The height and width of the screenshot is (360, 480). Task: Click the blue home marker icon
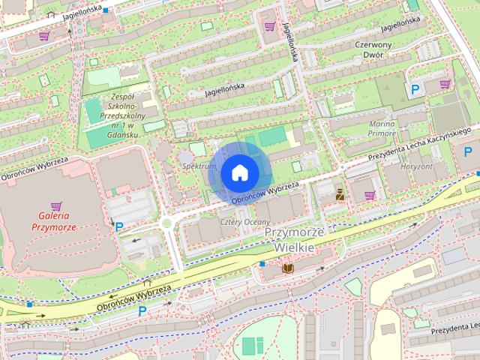tap(239, 172)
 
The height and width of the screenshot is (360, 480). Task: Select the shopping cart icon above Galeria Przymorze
tap(55, 205)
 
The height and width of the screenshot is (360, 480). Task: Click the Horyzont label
tap(417, 166)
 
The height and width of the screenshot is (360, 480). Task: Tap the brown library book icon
tap(287, 267)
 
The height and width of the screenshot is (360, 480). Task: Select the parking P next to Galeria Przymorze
tap(118, 225)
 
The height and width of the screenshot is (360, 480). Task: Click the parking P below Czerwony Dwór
tap(415, 89)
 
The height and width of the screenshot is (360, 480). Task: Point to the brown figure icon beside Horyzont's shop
tap(340, 195)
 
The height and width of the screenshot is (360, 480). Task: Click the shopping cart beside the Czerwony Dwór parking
tap(445, 84)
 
